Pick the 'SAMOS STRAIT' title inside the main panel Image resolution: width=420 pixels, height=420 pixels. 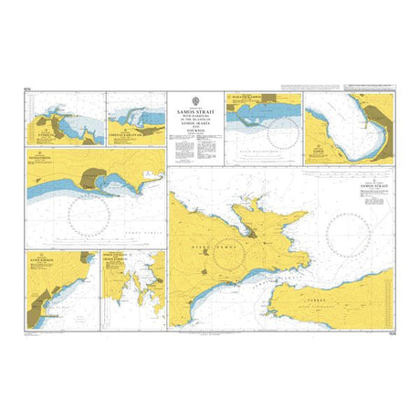[374, 185]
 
